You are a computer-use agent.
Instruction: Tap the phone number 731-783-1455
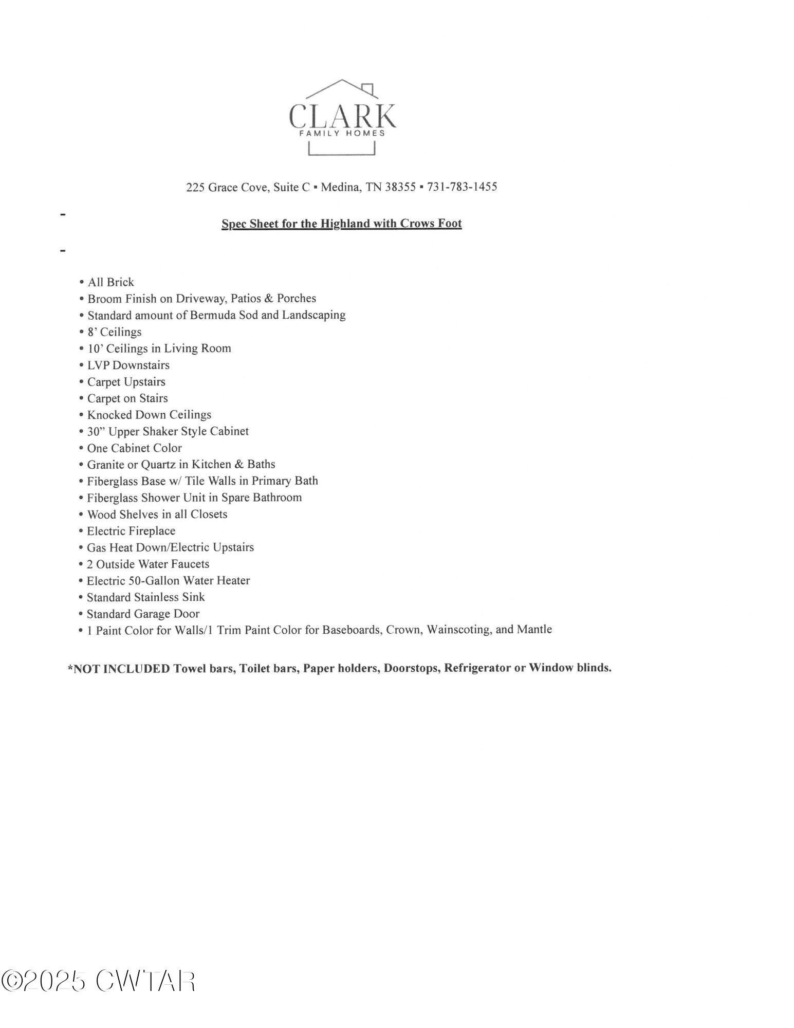(462, 187)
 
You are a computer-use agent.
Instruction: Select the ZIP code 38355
(400, 187)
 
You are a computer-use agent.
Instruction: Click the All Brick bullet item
(110, 282)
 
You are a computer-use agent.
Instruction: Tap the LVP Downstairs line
(128, 365)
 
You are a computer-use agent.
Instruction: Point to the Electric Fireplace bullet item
(131, 531)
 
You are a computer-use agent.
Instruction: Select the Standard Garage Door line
(143, 614)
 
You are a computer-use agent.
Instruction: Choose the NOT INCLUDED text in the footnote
(122, 669)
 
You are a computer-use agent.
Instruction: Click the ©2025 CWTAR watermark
(98, 981)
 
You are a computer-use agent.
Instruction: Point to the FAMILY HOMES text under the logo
(342, 133)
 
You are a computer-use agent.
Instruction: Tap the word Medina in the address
(340, 187)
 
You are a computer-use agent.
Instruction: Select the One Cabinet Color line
(134, 448)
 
